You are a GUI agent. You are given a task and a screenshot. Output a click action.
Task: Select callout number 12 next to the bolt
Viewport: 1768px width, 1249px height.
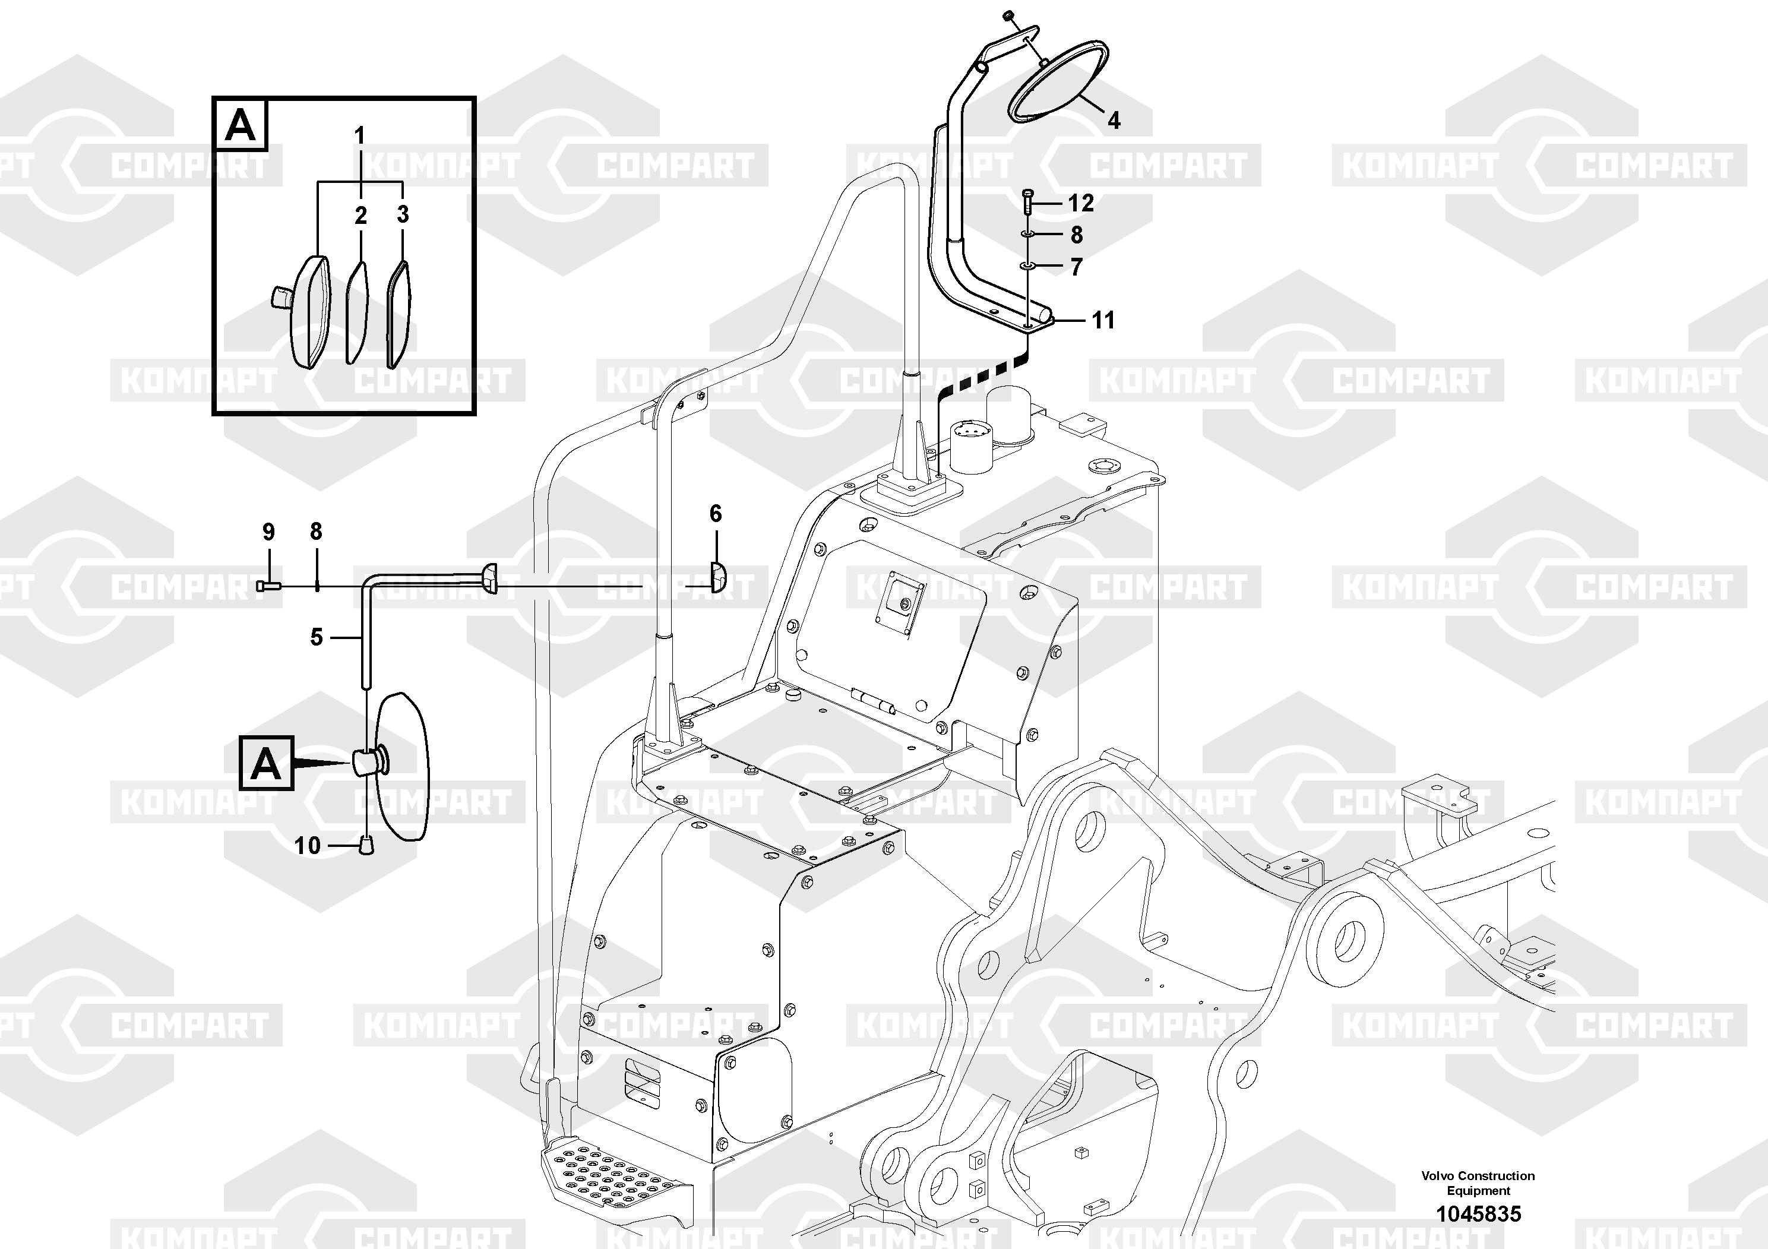[1080, 203]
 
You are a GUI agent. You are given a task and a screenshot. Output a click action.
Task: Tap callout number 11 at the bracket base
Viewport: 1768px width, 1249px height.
[1103, 320]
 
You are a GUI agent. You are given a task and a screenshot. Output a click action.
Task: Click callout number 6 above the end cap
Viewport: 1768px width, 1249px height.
[716, 514]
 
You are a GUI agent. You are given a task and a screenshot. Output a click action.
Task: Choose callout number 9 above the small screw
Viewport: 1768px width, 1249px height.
[268, 532]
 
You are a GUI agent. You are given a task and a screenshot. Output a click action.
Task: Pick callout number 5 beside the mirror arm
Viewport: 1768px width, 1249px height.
[316, 638]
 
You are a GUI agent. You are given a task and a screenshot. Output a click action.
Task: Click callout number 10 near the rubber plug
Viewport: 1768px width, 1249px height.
[306, 846]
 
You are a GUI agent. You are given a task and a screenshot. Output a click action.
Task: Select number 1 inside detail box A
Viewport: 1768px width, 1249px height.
[359, 136]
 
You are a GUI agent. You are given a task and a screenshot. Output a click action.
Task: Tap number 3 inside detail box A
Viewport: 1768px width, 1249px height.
[403, 214]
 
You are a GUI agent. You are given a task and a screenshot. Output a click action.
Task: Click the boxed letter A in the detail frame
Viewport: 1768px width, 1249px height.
[241, 124]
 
